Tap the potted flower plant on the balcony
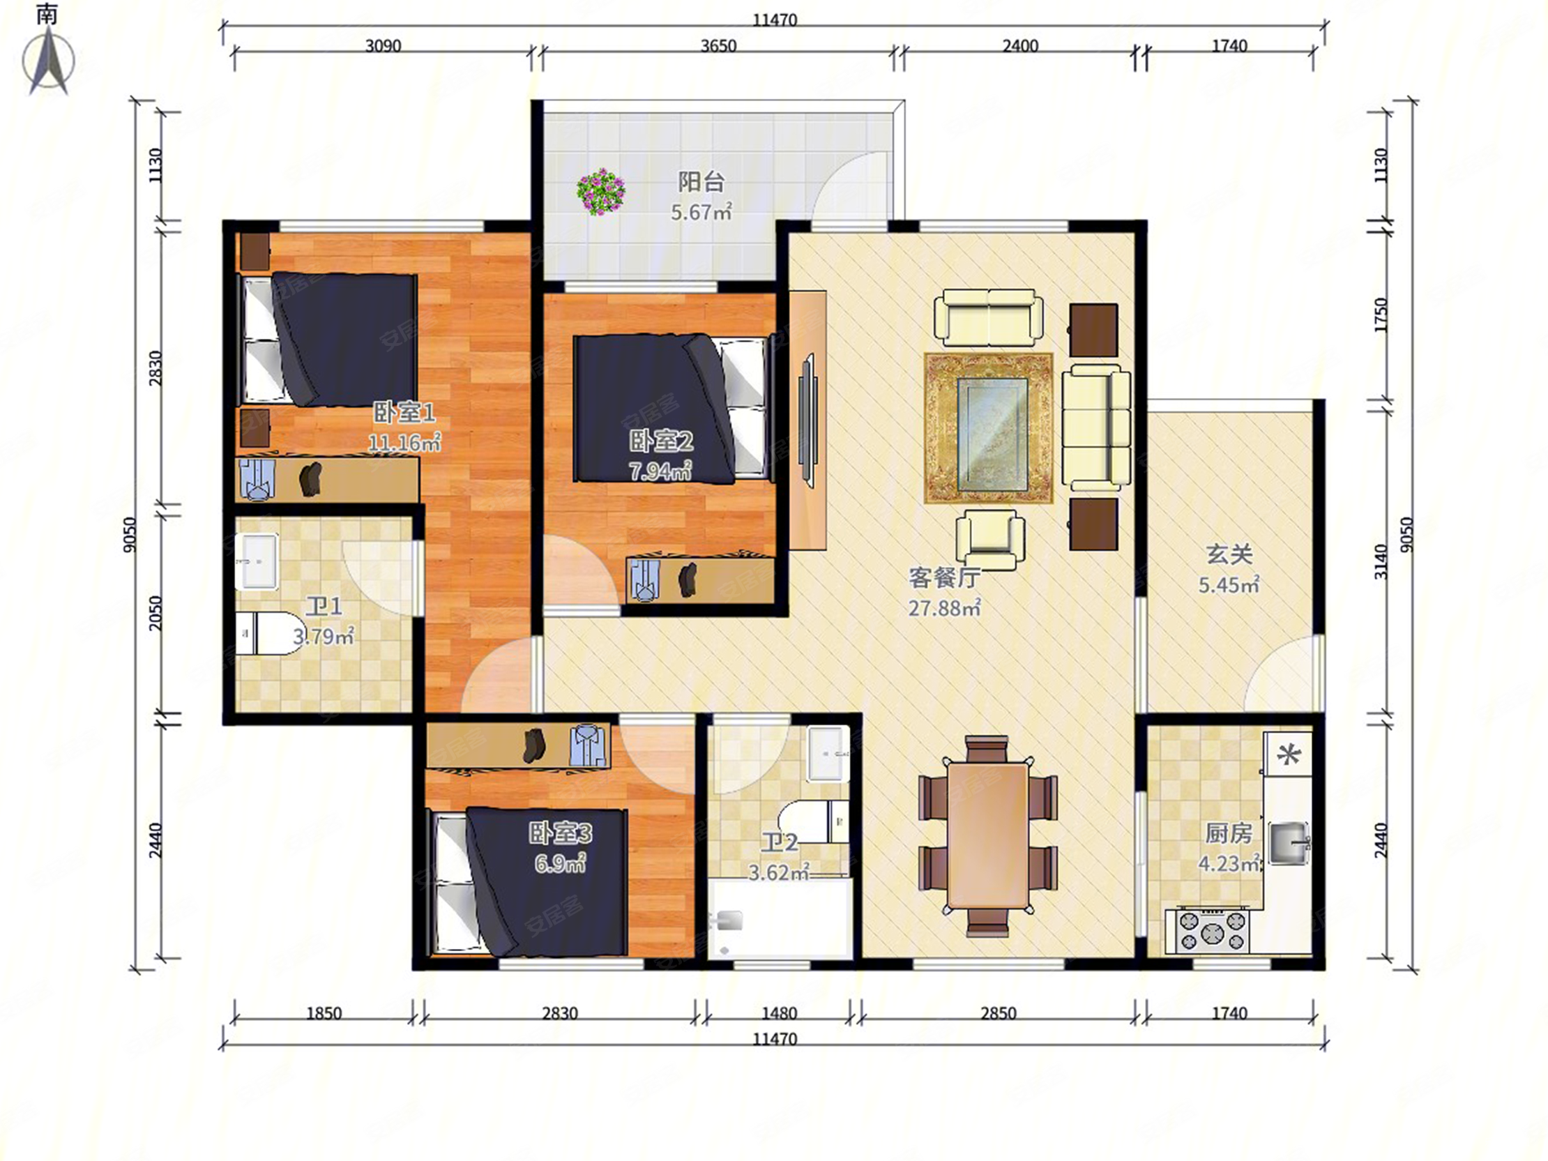tap(600, 191)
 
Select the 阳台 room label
tap(701, 182)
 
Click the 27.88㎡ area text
tap(944, 607)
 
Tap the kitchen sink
tap(1289, 842)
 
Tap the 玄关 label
tap(1229, 554)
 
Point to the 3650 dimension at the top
tap(719, 46)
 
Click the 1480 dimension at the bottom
tap(779, 1013)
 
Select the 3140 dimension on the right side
tap(1380, 561)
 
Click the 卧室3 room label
tap(560, 833)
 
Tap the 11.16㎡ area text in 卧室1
tap(404, 443)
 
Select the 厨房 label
tap(1228, 833)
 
